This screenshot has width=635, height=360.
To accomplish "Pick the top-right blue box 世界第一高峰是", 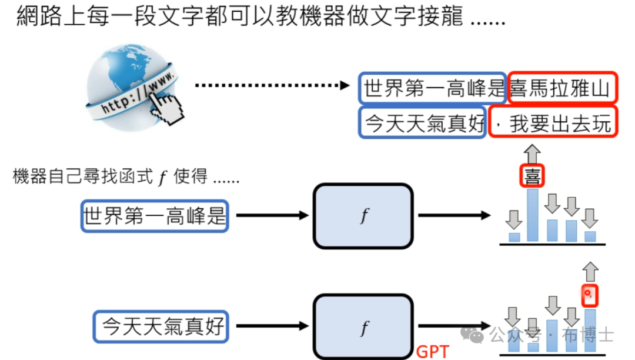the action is point(433,89).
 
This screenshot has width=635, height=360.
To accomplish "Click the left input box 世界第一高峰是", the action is point(155,216).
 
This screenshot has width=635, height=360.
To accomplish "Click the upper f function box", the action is point(364,216).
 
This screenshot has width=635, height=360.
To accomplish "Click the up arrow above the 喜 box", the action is point(533,155).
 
